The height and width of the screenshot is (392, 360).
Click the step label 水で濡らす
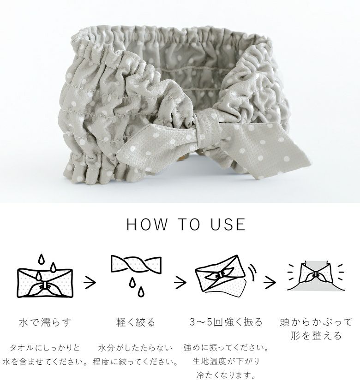click(45, 322)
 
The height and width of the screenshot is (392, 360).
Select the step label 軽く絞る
click(136, 322)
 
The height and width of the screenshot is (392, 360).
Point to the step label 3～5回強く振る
click(226, 322)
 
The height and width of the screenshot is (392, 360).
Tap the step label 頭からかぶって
click(316, 322)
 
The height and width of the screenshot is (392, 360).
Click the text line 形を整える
click(316, 335)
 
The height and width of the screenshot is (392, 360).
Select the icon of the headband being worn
click(316, 276)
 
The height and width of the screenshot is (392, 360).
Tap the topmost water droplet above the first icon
click(42, 259)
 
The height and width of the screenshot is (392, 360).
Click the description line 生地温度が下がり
click(226, 361)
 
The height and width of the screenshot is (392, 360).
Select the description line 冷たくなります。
click(226, 375)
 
